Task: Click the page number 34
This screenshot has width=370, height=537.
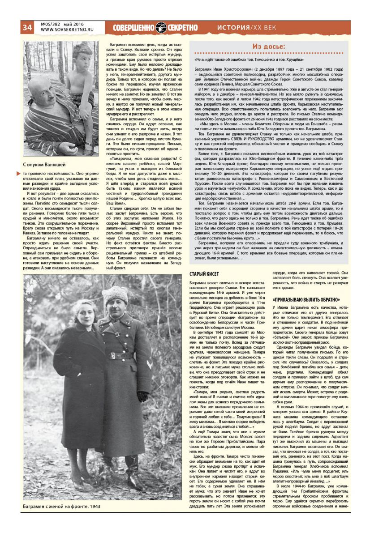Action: click(26, 27)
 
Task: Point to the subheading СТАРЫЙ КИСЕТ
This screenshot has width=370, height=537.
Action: click(205, 273)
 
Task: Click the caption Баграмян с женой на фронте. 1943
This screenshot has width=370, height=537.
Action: click(62, 506)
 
